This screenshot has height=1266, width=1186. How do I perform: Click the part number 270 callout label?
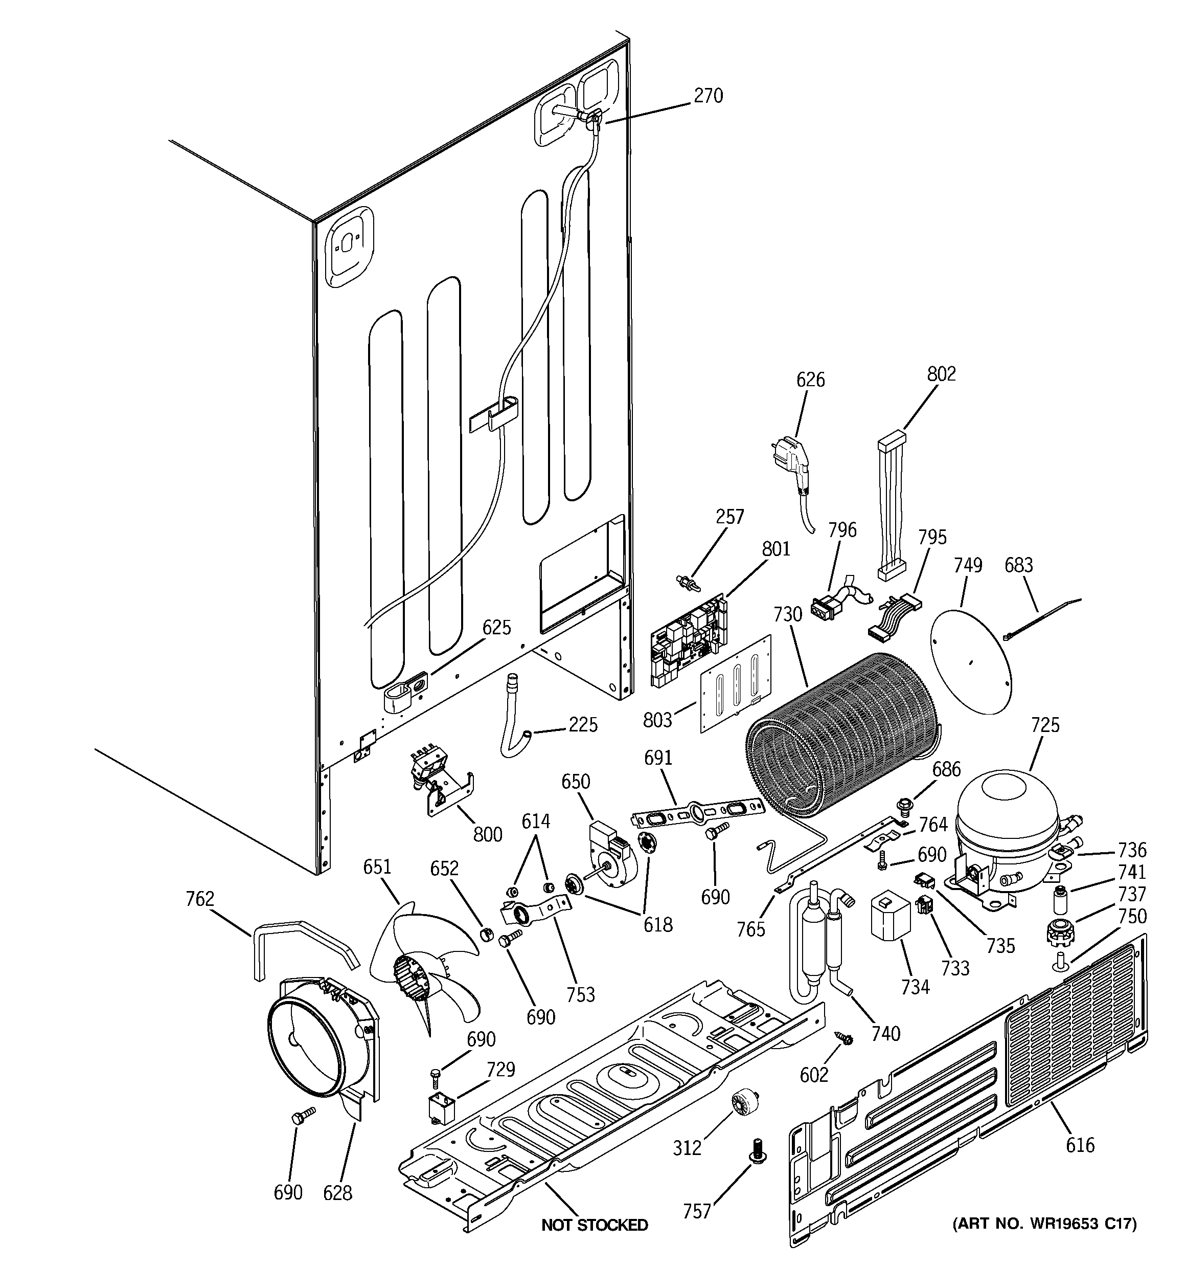click(x=708, y=96)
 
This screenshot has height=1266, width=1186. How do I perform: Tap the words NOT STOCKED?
click(x=595, y=1225)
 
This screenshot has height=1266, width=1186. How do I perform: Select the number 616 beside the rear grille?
click(x=1080, y=1145)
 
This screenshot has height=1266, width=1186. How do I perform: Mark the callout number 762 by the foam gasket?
click(x=200, y=899)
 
